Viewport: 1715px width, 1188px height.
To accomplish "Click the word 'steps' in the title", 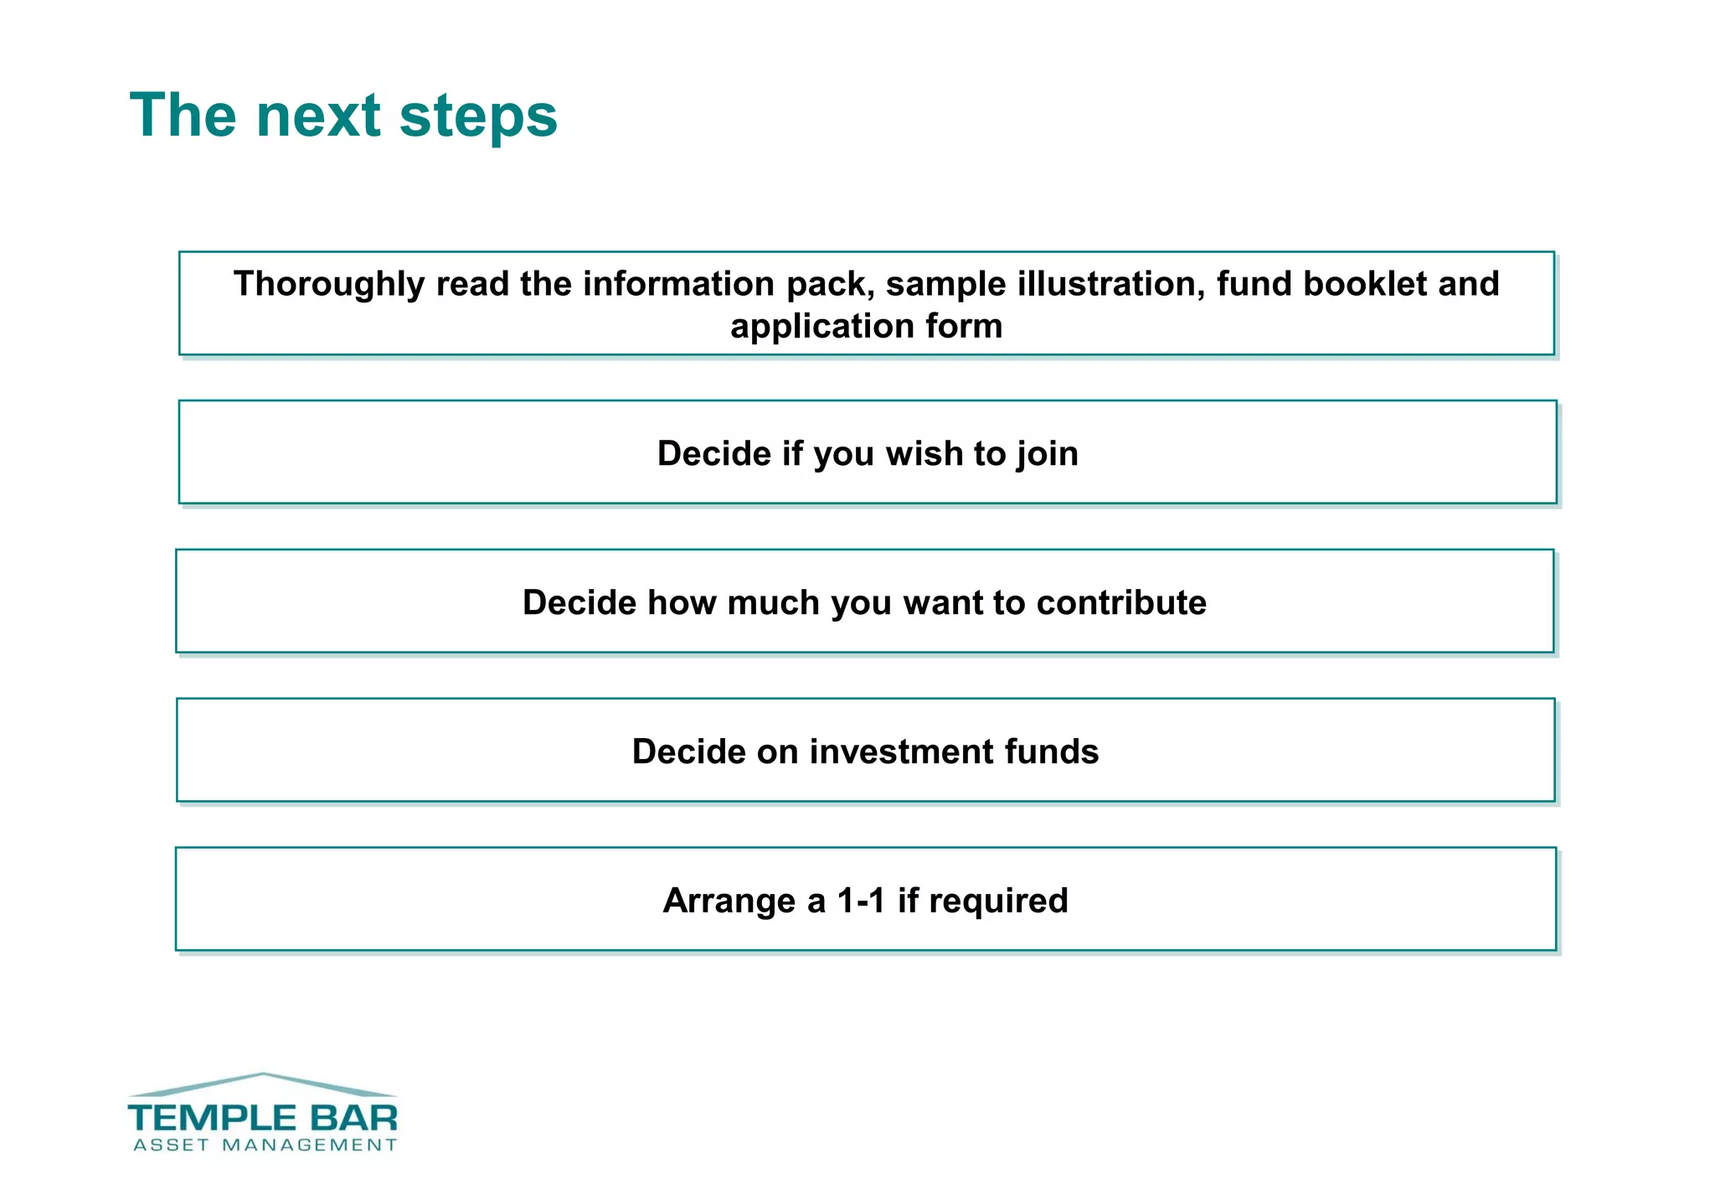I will click(478, 116).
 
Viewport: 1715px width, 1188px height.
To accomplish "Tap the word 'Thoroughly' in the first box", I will click(328, 284).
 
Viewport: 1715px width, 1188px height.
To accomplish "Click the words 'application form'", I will click(866, 326).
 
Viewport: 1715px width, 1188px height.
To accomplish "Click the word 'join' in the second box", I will click(1047, 454).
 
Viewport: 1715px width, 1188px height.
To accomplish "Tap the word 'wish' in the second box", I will click(924, 454).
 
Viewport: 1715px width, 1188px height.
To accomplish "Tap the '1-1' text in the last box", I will click(861, 901).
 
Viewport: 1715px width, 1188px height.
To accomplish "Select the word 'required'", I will click(998, 901).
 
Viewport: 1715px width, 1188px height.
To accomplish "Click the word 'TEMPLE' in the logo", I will click(212, 1118).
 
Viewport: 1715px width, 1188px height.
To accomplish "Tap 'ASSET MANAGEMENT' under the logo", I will click(264, 1145).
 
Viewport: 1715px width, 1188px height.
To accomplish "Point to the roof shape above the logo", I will click(263, 1082).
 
